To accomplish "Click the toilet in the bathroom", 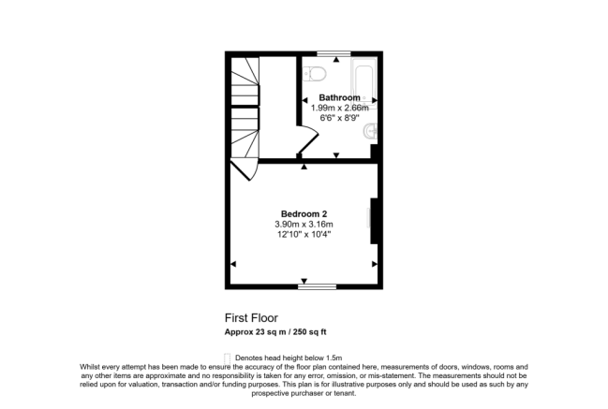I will (316, 74).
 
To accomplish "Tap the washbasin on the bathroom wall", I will (373, 130).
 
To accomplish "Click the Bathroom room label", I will (338, 97).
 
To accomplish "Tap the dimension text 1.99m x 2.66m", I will (338, 108).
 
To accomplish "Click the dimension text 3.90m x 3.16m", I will (304, 224).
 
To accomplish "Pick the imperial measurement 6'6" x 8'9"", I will (338, 118).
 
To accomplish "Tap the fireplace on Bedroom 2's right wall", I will (374, 222).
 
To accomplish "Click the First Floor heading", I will (250, 317).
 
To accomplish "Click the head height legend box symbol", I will (228, 357).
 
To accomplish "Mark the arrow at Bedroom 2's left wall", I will (234, 264).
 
